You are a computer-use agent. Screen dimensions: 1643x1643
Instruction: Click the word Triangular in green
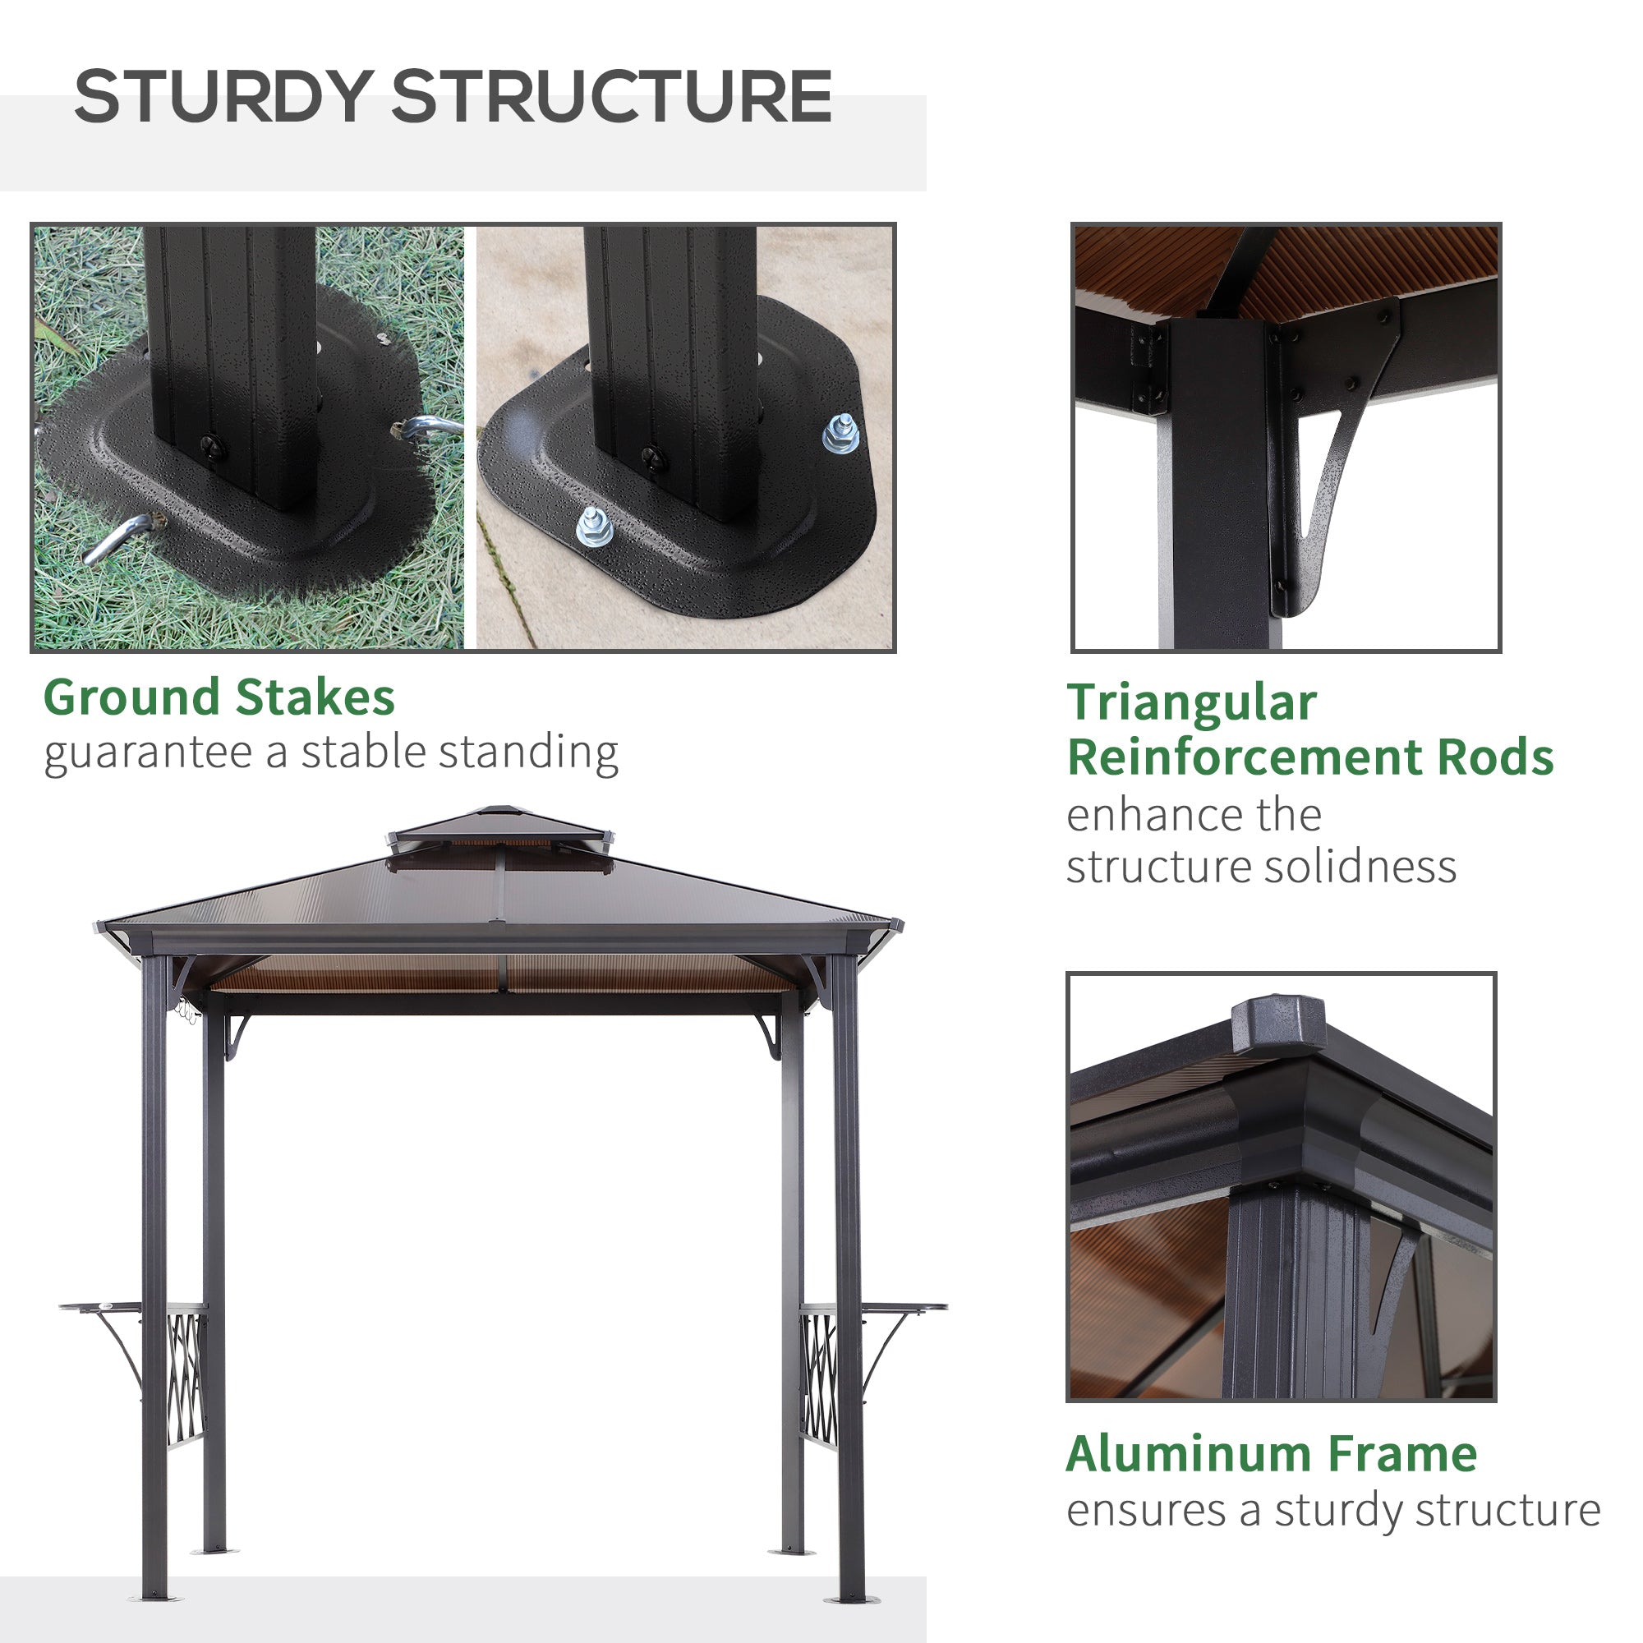[x=1191, y=703]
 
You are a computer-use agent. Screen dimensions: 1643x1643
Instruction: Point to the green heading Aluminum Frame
[x=1272, y=1453]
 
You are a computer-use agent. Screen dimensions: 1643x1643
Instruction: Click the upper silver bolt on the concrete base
[x=840, y=433]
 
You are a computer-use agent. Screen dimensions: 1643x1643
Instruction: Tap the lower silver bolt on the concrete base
[x=595, y=527]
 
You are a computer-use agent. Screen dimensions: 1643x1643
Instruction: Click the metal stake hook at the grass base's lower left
[x=117, y=539]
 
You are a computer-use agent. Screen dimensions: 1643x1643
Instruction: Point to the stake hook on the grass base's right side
[x=430, y=427]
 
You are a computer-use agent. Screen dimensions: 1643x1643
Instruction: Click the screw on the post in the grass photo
[x=212, y=446]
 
